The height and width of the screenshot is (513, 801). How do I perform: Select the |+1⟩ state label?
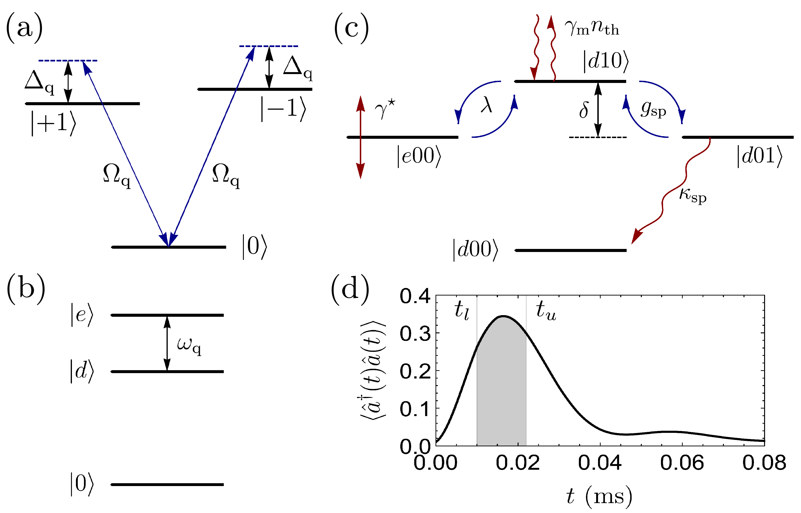coord(53,123)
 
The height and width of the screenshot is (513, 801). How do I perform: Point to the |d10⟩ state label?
coord(605,61)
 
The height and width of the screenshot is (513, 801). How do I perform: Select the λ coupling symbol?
coord(487,106)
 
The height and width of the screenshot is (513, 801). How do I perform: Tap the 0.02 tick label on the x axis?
coord(517,463)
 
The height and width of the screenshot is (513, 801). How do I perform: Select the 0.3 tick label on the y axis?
coord(415,333)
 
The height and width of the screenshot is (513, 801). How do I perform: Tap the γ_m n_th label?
coord(592,27)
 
